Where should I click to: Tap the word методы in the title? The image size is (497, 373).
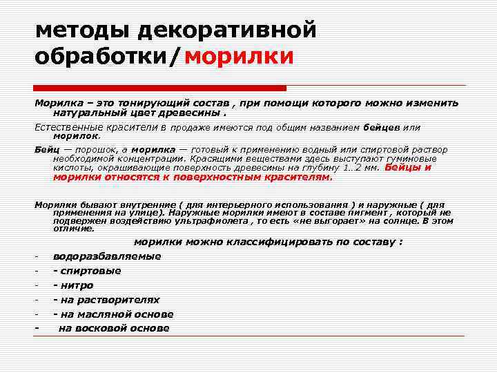tap(81, 30)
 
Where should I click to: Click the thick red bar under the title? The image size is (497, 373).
tap(160, 88)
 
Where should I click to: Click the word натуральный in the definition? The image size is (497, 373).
tap(89, 112)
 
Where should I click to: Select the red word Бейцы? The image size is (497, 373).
tap(404, 167)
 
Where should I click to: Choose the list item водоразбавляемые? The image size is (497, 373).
tap(107, 256)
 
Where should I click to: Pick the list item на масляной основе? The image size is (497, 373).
tap(113, 314)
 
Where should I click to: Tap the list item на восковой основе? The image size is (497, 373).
tap(114, 328)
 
